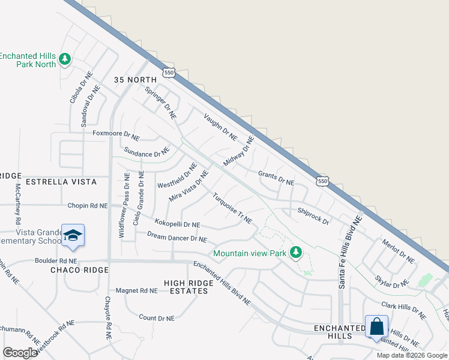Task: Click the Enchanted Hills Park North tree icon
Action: coord(65,59)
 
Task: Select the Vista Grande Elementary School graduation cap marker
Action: coord(73,236)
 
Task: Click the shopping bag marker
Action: coord(376,327)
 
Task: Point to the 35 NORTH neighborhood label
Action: coord(136,80)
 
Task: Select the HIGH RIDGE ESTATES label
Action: coord(186,286)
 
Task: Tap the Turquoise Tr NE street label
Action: coord(232,208)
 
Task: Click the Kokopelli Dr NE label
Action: coord(177,224)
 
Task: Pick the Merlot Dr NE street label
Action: coord(398,251)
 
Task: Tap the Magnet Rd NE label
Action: coord(136,290)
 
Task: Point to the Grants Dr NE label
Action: coord(276,178)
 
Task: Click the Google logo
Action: coord(20,353)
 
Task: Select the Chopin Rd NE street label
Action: coord(88,205)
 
